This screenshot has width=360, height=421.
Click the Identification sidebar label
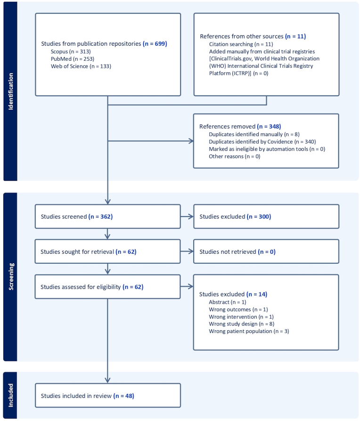click(x=10, y=91)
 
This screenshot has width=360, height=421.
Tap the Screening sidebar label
click(x=10, y=277)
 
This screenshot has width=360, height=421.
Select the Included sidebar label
click(x=10, y=395)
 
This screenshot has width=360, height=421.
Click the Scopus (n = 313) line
click(x=70, y=51)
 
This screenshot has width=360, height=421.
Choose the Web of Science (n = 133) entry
click(x=81, y=66)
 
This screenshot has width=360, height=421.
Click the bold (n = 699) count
click(x=155, y=44)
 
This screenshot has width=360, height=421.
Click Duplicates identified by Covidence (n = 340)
click(x=262, y=142)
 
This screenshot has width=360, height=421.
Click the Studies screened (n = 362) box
click(x=107, y=217)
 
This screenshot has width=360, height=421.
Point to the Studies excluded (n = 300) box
click(x=266, y=217)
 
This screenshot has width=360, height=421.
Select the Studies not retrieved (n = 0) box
click(x=266, y=252)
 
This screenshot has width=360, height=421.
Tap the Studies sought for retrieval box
click(x=107, y=252)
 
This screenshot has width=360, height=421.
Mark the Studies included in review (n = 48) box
click(x=107, y=396)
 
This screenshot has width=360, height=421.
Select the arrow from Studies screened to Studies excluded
click(x=187, y=217)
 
